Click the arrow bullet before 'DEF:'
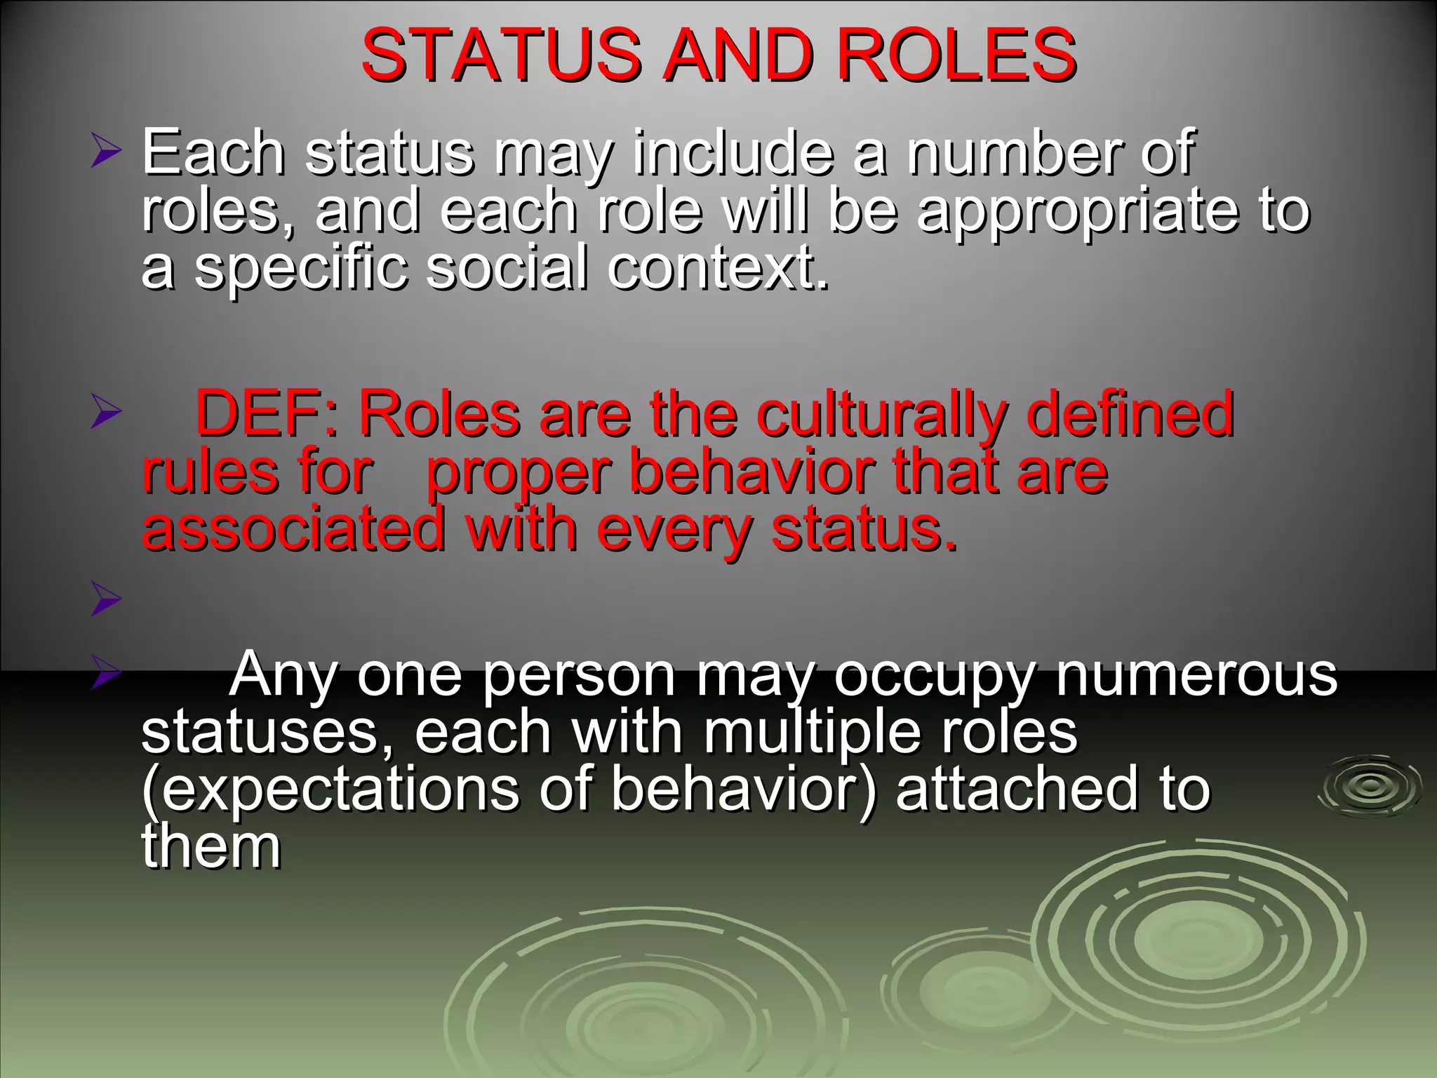pyautogui.click(x=106, y=414)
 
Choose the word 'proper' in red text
pyautogui.click(x=519, y=474)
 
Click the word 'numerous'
pyautogui.click(x=1196, y=675)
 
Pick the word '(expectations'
pyautogui.click(x=330, y=790)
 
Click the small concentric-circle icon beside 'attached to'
pyautogui.click(x=1369, y=785)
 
